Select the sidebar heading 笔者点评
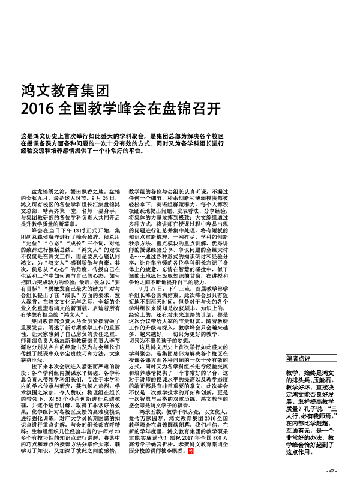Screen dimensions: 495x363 coord(298,358)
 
